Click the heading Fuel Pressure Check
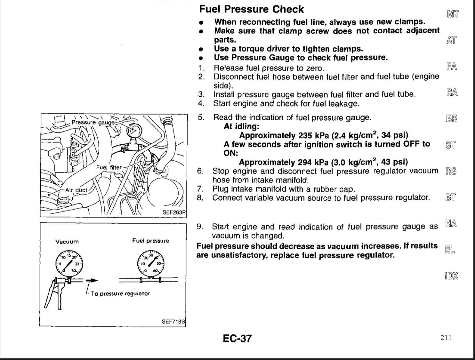251,9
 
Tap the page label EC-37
237,338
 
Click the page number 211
446,338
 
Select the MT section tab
453,14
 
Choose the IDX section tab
451,276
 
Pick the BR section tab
452,118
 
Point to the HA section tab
451,223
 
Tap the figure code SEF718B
173,321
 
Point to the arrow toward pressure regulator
92,280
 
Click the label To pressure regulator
120,293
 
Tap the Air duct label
76,190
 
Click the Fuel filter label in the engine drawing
109,167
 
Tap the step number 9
200,227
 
